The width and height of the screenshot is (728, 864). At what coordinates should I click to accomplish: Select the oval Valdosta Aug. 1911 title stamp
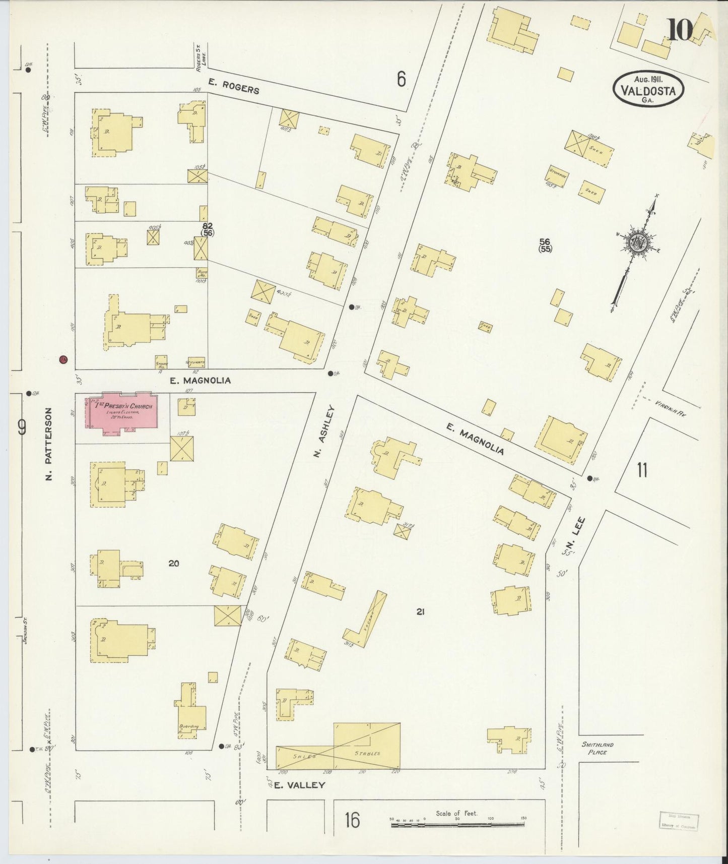(648, 89)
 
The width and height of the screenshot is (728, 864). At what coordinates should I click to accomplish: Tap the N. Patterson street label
(49, 444)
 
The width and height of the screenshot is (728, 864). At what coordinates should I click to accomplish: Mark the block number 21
(421, 612)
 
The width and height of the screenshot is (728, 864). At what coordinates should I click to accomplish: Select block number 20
(174, 563)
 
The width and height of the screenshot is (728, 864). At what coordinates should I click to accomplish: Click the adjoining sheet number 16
(352, 820)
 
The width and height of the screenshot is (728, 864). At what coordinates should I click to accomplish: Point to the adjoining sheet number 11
(641, 470)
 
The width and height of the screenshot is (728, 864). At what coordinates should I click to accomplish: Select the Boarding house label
(189, 726)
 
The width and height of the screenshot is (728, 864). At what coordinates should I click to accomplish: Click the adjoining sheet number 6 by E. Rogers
(401, 79)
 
